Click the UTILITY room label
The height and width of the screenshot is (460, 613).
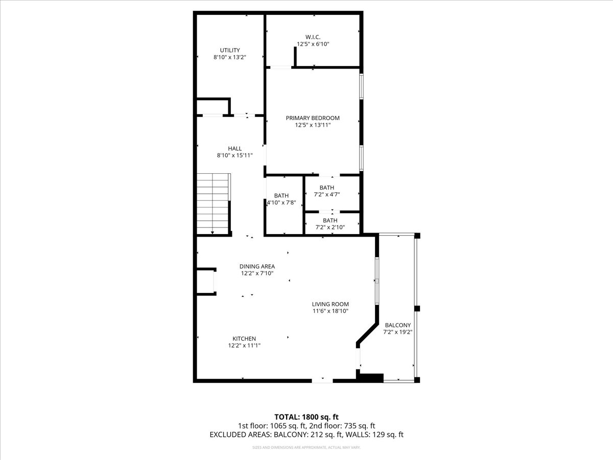pos(230,50)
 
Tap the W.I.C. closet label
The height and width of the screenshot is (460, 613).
pos(313,37)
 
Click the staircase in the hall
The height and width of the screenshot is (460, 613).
pos(214,202)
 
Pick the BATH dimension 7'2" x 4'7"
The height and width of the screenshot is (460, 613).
pos(326,194)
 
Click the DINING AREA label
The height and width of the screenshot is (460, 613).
pos(257,266)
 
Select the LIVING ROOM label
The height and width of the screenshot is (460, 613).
pos(331,304)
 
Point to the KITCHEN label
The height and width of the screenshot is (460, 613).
pos(244,339)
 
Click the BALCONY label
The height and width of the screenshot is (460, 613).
pos(397,325)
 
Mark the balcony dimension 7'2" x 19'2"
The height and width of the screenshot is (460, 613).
pos(397,332)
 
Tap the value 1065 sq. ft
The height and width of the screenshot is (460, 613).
pos(287,426)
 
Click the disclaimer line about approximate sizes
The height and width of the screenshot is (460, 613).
pos(306,448)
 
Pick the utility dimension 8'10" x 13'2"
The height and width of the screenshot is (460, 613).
pos(230,57)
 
